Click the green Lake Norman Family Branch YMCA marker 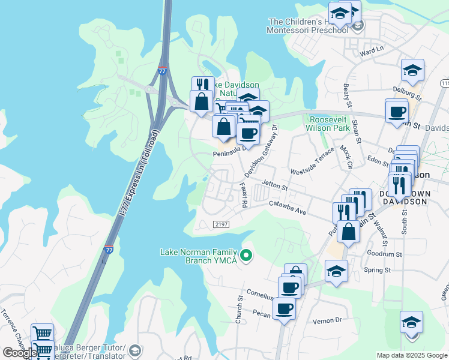(245, 256)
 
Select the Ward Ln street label (372, 53)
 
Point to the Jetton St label (276, 188)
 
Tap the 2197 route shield (221, 224)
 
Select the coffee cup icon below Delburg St (397, 112)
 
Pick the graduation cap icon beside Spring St (336, 271)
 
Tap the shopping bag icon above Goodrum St (348, 231)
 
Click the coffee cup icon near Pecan (284, 309)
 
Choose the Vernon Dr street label (327, 321)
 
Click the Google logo (20, 353)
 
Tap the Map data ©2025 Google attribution (411, 355)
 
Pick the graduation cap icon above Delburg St (412, 70)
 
